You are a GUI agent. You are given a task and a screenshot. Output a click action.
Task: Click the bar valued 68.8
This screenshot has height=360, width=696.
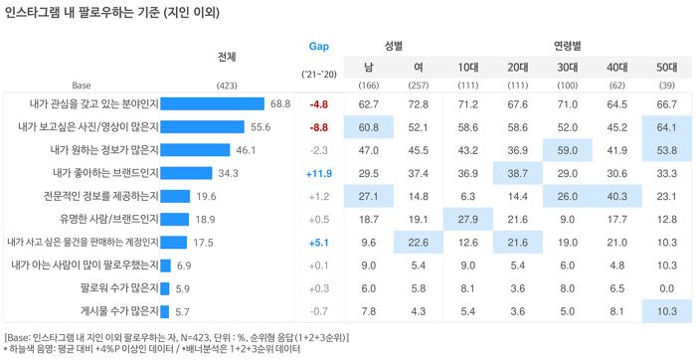[212, 103]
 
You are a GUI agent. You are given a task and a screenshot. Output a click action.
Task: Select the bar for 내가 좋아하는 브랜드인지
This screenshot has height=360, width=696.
[186, 173]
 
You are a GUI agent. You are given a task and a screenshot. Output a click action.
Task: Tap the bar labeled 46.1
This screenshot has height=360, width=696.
[195, 150]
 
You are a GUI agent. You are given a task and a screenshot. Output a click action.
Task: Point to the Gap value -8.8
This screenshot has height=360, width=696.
[319, 127]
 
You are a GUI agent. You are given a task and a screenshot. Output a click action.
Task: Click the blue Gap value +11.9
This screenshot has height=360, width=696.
[319, 174]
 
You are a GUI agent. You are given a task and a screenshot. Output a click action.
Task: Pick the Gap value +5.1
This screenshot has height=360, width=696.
[319, 243]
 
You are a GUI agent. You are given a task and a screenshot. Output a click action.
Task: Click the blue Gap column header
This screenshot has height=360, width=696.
[319, 46]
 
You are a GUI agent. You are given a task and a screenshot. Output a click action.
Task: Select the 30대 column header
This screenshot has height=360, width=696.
[568, 68]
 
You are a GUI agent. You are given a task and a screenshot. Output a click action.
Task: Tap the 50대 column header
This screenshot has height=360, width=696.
[667, 68]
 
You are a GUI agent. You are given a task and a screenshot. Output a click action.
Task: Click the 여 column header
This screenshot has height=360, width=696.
[419, 68]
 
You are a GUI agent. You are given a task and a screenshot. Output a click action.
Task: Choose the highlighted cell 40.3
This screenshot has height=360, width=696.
[617, 196]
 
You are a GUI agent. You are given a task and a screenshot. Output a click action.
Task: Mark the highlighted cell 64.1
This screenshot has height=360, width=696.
[667, 127]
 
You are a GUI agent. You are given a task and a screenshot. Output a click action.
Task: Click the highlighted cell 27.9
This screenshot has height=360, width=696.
[468, 220]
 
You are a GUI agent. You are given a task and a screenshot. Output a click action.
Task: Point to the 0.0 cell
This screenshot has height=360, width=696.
[667, 288]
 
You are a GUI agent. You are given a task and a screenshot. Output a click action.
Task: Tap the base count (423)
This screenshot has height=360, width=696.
[227, 86]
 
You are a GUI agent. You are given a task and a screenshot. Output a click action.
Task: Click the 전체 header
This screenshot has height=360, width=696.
[227, 58]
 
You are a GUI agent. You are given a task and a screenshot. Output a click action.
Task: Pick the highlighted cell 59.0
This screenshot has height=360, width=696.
[568, 150]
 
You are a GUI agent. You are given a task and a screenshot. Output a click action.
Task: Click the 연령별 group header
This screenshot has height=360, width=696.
[568, 46]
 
